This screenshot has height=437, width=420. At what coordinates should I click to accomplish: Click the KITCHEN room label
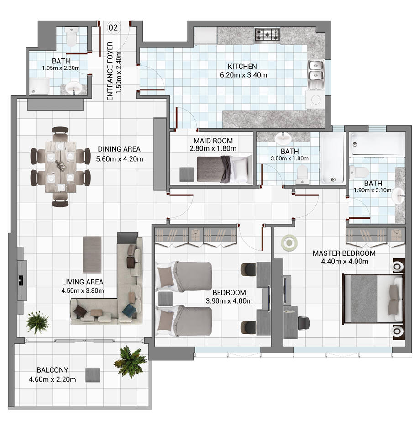(x=242, y=67)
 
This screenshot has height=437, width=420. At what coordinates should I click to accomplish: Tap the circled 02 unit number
(x=113, y=27)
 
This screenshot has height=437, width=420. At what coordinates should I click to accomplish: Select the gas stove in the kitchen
(x=267, y=35)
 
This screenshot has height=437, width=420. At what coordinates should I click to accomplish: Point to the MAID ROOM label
(x=213, y=141)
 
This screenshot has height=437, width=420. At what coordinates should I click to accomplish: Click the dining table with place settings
(x=60, y=167)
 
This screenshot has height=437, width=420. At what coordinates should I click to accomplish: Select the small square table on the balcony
(x=93, y=375)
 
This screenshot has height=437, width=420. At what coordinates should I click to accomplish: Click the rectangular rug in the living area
(x=92, y=254)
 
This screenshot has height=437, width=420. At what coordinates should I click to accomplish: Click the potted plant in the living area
(x=37, y=322)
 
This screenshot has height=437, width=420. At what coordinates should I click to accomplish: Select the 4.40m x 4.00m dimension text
(x=345, y=262)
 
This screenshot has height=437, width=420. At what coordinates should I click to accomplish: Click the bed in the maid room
(x=224, y=169)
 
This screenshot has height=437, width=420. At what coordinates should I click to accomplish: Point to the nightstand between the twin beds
(x=165, y=299)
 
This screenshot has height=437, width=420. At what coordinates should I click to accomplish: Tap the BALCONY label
(x=52, y=370)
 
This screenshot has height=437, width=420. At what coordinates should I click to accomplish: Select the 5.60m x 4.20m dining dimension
(x=120, y=159)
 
